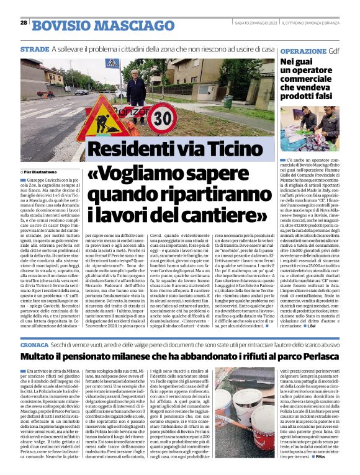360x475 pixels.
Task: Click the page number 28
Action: coord(24,22)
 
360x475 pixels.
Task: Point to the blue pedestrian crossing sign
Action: coord(112,64)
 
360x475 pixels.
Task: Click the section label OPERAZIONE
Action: coord(304,51)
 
